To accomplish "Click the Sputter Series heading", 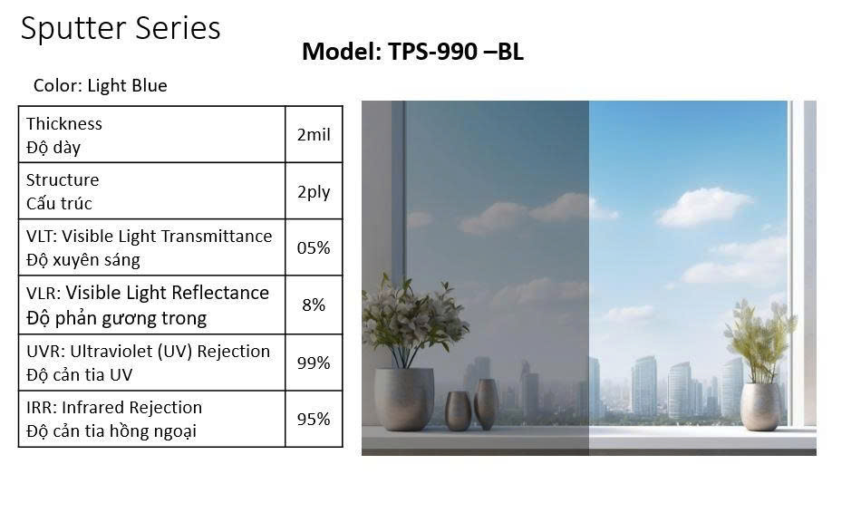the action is pos(121,29).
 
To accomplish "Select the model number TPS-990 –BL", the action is pos(455,52).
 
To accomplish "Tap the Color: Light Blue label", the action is pos(100,86).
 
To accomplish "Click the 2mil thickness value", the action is pos(314,134).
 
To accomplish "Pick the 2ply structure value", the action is pos(314,192).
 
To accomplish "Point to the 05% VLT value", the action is pos(314,248).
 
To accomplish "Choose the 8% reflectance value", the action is pos(314,305).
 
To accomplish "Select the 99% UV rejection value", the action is pos(314,363).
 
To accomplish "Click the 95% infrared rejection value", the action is pos(314,420).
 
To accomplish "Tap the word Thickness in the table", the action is pos(63,123).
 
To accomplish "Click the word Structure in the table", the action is pos(63,180).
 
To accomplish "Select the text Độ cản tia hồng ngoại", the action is pos(111,431).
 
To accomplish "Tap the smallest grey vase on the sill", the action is pos(458,411).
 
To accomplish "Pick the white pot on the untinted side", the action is pos(760,407).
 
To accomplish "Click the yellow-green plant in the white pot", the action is pos(760,342).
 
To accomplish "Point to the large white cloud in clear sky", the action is pos(703,207).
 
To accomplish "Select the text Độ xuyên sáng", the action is pos(82,260).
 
